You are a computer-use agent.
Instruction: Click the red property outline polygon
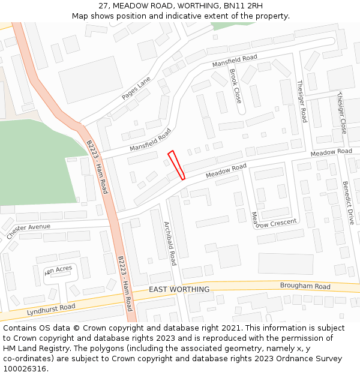click(176, 165)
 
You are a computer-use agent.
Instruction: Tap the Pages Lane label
click(136, 88)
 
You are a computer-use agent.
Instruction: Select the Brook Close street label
click(235, 86)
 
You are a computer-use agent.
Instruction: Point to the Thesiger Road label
click(302, 101)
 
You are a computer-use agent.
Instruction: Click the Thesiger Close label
click(341, 112)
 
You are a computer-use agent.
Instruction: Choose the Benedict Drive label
click(348, 202)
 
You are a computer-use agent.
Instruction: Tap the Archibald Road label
click(170, 243)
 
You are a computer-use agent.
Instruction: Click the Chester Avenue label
click(29, 231)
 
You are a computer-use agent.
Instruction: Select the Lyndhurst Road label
click(51, 310)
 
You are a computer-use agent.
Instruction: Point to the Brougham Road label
click(305, 286)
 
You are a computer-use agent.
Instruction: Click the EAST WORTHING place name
click(179, 290)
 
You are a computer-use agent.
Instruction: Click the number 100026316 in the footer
click(25, 369)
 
